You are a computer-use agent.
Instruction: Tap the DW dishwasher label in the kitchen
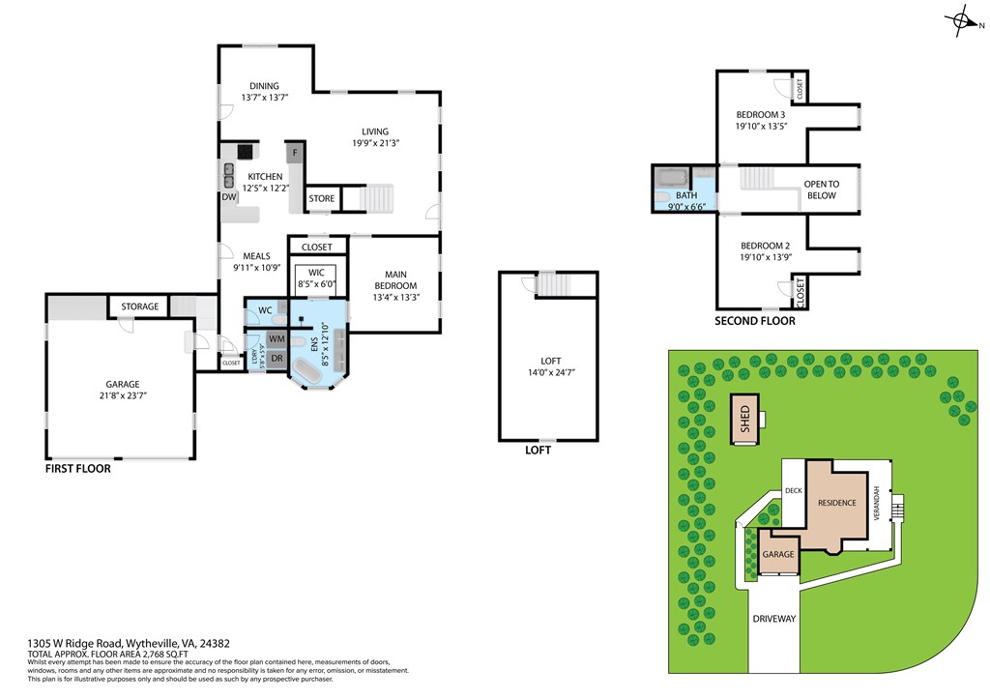(229, 197)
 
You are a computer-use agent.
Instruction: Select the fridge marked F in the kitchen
(294, 153)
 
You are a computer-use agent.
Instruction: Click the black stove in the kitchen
(246, 151)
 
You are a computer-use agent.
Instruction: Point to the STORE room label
(322, 199)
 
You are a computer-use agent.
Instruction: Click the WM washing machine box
(277, 339)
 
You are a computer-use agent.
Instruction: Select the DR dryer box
(277, 358)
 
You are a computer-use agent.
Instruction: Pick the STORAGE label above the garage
(140, 306)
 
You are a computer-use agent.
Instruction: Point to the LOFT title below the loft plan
(539, 450)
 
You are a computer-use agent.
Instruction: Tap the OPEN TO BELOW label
(822, 190)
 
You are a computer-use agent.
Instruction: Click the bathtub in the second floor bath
(670, 178)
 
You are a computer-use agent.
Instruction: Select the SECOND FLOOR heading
(755, 321)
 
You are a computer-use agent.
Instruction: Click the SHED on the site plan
(744, 419)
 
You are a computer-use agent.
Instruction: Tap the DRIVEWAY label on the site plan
(773, 619)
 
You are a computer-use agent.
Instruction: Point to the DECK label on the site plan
(794, 490)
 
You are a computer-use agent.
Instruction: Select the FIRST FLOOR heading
(78, 469)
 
